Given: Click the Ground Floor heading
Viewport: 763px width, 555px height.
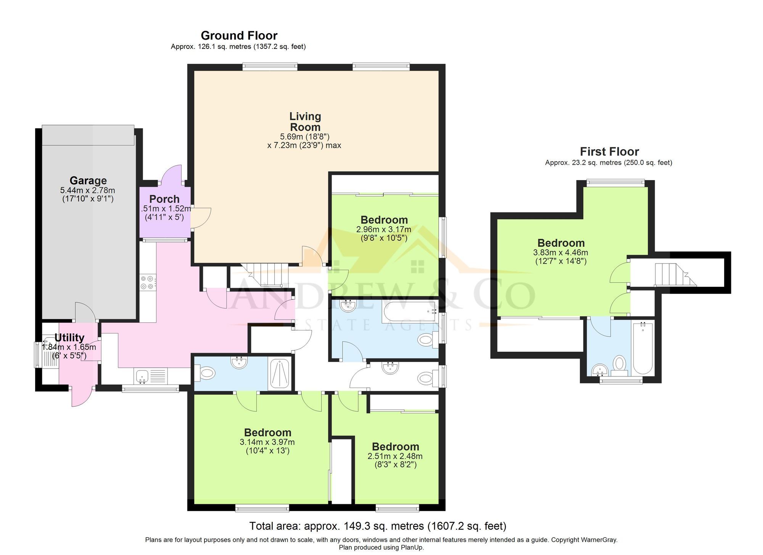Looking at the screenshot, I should pyautogui.click(x=239, y=35).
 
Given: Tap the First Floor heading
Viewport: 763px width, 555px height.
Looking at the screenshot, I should pyautogui.click(x=609, y=151).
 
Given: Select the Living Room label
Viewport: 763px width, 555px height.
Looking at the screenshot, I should pyautogui.click(x=305, y=122).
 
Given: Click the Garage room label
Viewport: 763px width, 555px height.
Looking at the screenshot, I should pyautogui.click(x=88, y=180).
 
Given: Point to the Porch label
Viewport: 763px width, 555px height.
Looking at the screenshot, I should pyautogui.click(x=164, y=199).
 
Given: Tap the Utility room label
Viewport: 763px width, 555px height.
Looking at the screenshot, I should pyautogui.click(x=69, y=338).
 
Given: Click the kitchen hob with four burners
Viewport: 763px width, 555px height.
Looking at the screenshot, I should pyautogui.click(x=147, y=282).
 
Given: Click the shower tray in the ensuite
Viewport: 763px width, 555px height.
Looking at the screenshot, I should pyautogui.click(x=280, y=374).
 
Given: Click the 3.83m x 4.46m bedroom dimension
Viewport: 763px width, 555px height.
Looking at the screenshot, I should pyautogui.click(x=560, y=253).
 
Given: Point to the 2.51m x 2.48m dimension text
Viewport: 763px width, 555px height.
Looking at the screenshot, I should pyautogui.click(x=395, y=456).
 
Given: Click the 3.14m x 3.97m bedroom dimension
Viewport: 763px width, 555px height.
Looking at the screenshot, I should pyautogui.click(x=267, y=442).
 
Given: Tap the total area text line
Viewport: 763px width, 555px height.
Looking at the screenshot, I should pyautogui.click(x=378, y=526).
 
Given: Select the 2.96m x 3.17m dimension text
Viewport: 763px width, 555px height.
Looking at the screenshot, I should pyautogui.click(x=383, y=229).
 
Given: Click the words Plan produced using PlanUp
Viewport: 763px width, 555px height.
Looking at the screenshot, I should pyautogui.click(x=381, y=547).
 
